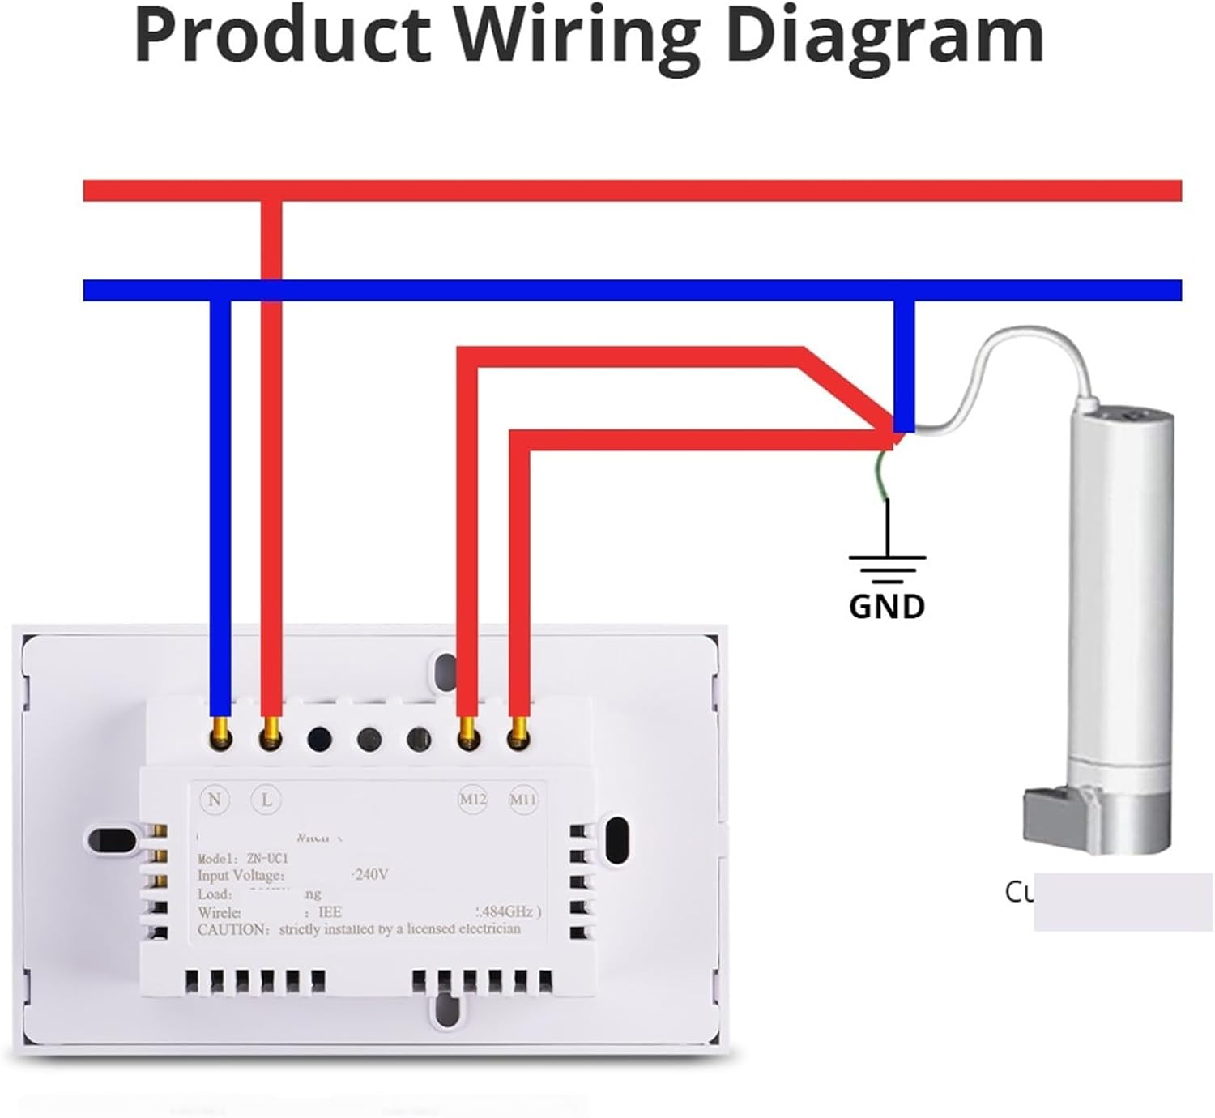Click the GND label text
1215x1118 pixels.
[x=887, y=606]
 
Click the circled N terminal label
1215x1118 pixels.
[x=214, y=800]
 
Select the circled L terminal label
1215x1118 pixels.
[x=266, y=800]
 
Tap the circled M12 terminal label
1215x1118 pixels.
[x=472, y=800]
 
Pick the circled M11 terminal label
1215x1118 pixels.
[x=522, y=800]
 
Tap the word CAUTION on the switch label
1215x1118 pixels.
[x=232, y=929]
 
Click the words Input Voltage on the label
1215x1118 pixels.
[x=241, y=876]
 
